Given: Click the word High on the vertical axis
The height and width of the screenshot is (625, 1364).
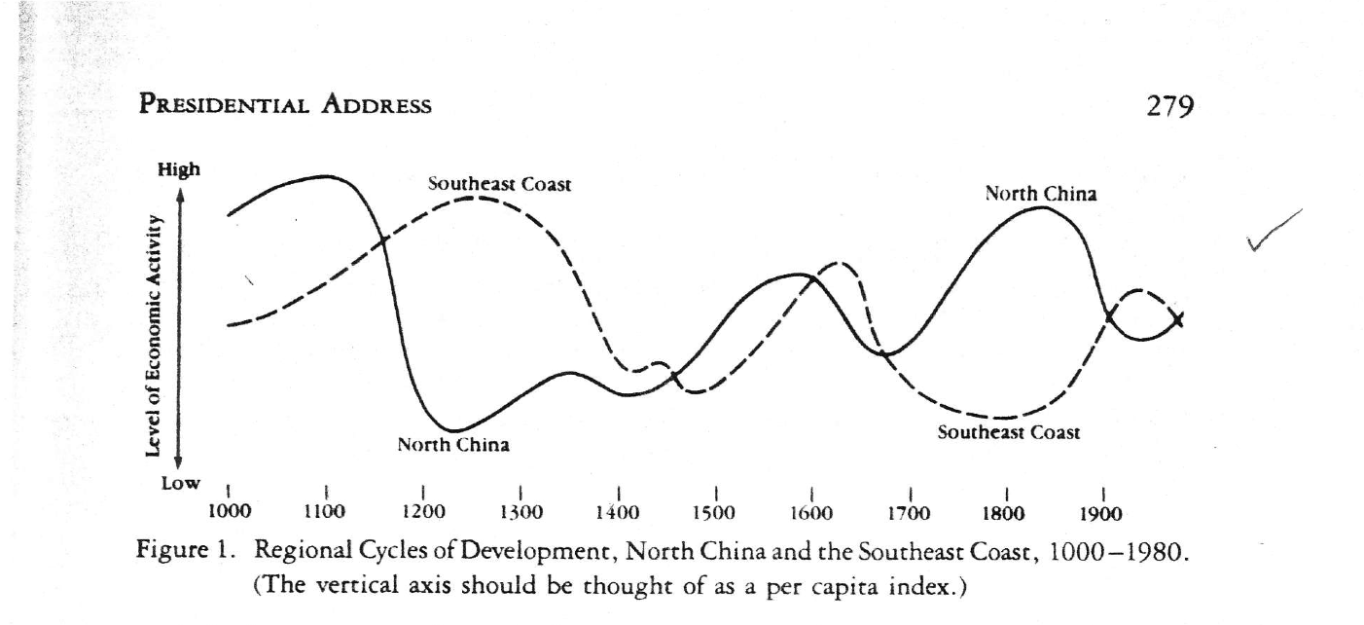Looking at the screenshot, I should (x=180, y=169).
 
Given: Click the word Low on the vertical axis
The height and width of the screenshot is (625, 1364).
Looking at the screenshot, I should (x=180, y=483).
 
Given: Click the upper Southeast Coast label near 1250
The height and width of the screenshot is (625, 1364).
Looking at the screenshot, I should (x=499, y=184).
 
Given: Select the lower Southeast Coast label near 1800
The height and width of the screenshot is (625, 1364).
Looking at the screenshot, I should (x=1008, y=432).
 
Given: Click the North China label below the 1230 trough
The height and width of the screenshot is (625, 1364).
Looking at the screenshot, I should (x=453, y=445).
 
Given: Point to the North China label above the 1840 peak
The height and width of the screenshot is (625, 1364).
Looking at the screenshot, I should (x=1041, y=193).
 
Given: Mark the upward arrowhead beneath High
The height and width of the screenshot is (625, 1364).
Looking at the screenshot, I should (x=180, y=196).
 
